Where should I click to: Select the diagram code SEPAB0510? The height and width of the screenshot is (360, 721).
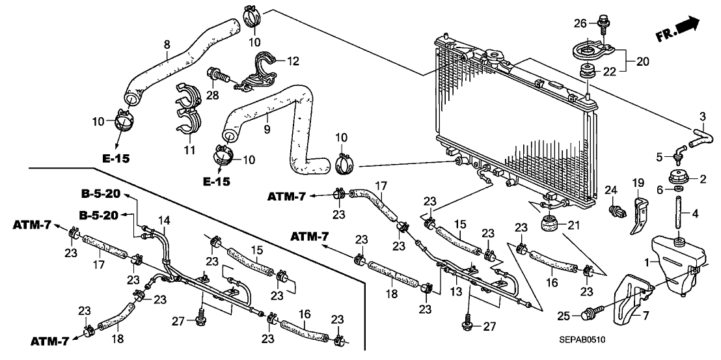coord(585,340)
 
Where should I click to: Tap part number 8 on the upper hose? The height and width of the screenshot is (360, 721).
coord(167,44)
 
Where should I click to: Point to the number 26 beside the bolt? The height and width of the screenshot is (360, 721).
coord(578,25)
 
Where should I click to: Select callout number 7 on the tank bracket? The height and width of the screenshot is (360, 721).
coord(647,315)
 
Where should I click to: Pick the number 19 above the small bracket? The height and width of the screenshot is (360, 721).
coord(638,182)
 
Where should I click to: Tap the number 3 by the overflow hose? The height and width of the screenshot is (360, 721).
coord(701,117)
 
